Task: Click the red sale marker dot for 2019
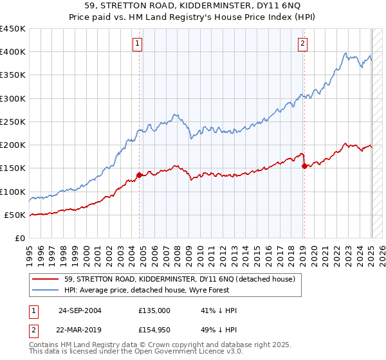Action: click(x=304, y=166)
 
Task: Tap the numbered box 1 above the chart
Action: click(x=138, y=44)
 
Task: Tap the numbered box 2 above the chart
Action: click(x=302, y=44)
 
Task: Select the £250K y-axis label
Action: click(x=13, y=122)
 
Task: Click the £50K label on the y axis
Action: click(x=15, y=215)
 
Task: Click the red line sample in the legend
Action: click(x=46, y=279)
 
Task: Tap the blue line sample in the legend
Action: click(x=46, y=290)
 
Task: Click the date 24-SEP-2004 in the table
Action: click(x=80, y=310)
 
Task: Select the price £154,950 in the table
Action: click(x=154, y=330)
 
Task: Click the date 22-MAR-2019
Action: click(x=80, y=330)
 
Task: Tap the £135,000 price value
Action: click(x=154, y=310)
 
